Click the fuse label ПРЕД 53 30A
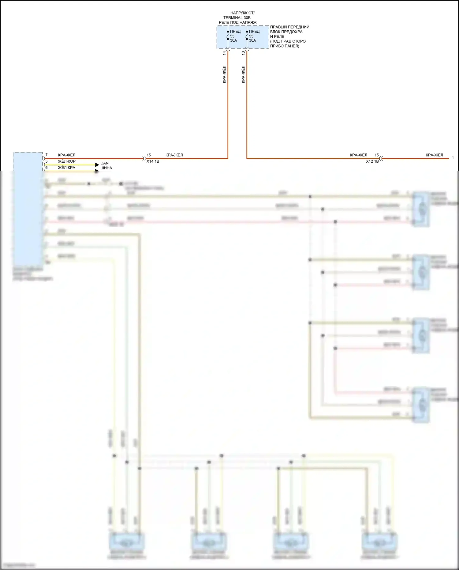(235, 36)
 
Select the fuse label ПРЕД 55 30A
(254, 36)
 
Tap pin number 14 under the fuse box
(224, 53)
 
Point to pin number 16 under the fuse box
(243, 53)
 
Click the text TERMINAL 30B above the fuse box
(237, 18)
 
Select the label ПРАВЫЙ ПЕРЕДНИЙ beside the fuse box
(289, 27)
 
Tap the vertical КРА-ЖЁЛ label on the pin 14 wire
(224, 74)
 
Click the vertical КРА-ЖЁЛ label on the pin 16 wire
(243, 74)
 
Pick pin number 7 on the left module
(47, 155)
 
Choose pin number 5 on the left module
(47, 161)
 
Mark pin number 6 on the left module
(47, 168)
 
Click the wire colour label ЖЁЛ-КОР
(67, 161)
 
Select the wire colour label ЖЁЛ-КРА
(66, 168)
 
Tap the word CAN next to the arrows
(104, 163)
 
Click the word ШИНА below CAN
(106, 168)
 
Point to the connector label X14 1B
(153, 161)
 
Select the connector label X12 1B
(372, 161)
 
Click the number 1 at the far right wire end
(453, 158)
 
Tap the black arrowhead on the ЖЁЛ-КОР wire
(97, 165)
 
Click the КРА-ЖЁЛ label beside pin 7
(66, 155)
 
